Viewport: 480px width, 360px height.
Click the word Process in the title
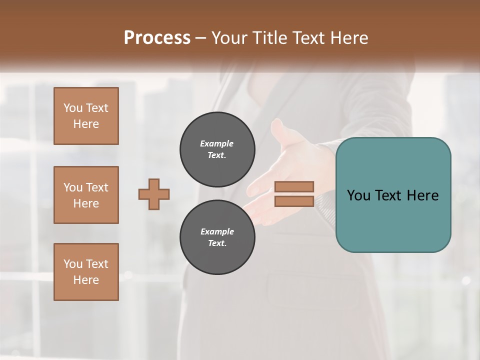coord(157,37)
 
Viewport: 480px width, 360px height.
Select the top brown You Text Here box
coord(86,116)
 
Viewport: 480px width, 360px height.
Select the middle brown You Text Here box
coord(86,195)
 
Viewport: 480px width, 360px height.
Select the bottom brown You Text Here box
coord(86,271)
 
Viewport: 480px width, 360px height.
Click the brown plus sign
coord(154,194)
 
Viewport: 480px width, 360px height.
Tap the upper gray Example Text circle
coord(217,149)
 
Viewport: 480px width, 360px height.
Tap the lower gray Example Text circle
coord(217,237)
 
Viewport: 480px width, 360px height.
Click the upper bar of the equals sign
coord(294,186)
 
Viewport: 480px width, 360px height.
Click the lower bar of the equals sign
coord(294,201)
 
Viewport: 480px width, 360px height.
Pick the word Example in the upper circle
coord(217,143)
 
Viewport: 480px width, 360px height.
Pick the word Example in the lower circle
coord(217,231)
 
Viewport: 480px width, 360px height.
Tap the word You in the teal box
coord(358,195)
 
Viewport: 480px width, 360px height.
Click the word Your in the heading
coord(229,37)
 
